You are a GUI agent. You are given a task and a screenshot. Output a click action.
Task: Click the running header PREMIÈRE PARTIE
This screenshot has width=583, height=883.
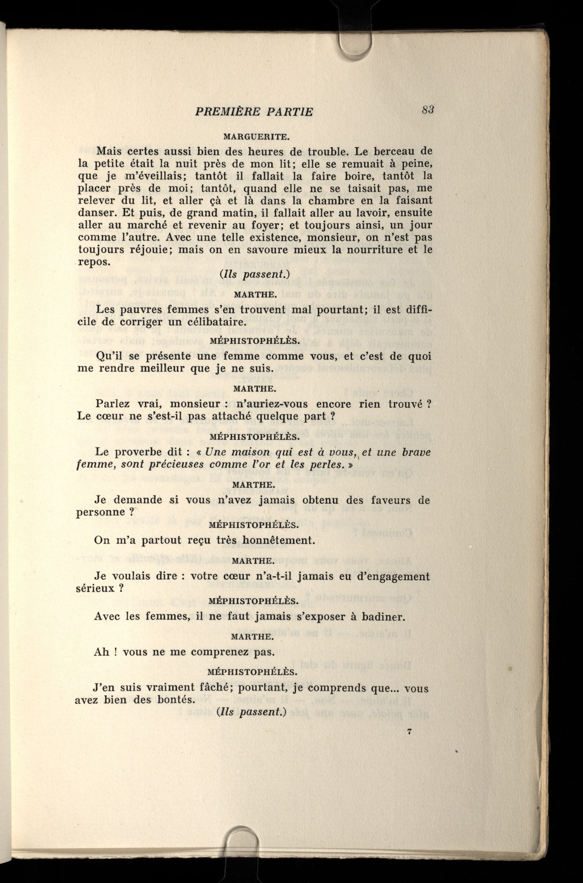(254, 112)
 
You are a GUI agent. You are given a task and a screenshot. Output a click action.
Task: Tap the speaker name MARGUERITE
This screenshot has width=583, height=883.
(256, 137)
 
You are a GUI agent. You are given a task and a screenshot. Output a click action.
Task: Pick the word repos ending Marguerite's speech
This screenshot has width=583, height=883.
(93, 262)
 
